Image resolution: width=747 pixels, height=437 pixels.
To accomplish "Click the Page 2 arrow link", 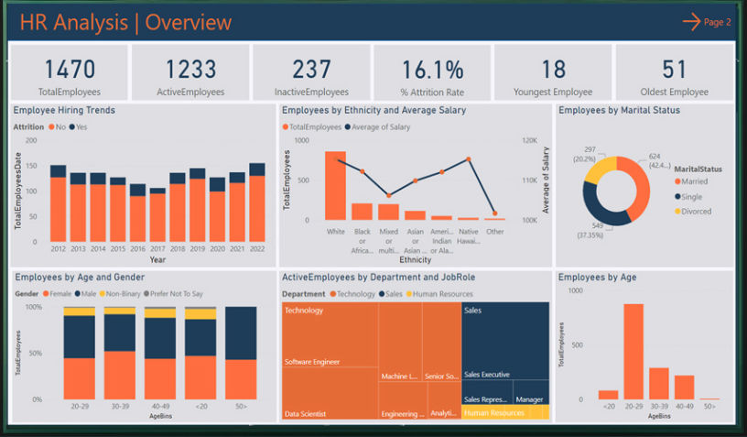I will [707, 22].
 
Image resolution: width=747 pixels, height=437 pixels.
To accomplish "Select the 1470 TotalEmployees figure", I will [70, 69].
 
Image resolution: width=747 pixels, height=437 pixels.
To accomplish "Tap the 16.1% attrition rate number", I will [432, 69].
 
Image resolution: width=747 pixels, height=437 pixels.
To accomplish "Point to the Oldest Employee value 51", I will [674, 69].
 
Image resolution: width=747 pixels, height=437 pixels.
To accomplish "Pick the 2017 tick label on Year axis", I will [157, 248].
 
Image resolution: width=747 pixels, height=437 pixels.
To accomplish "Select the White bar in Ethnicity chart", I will [336, 185].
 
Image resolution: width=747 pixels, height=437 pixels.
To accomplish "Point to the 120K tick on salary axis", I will [529, 140].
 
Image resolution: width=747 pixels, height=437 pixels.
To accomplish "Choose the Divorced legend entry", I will [694, 212].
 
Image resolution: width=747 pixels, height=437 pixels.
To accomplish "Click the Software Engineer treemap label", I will [312, 362].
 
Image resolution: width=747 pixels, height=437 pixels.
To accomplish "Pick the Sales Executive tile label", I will [487, 375].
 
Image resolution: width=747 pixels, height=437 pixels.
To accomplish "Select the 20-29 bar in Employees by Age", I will [633, 351].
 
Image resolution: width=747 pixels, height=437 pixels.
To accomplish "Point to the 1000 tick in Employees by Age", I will [575, 290].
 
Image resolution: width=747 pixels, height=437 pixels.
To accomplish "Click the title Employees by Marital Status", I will [619, 111].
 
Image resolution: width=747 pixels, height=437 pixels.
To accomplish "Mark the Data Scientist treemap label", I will [306, 414].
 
